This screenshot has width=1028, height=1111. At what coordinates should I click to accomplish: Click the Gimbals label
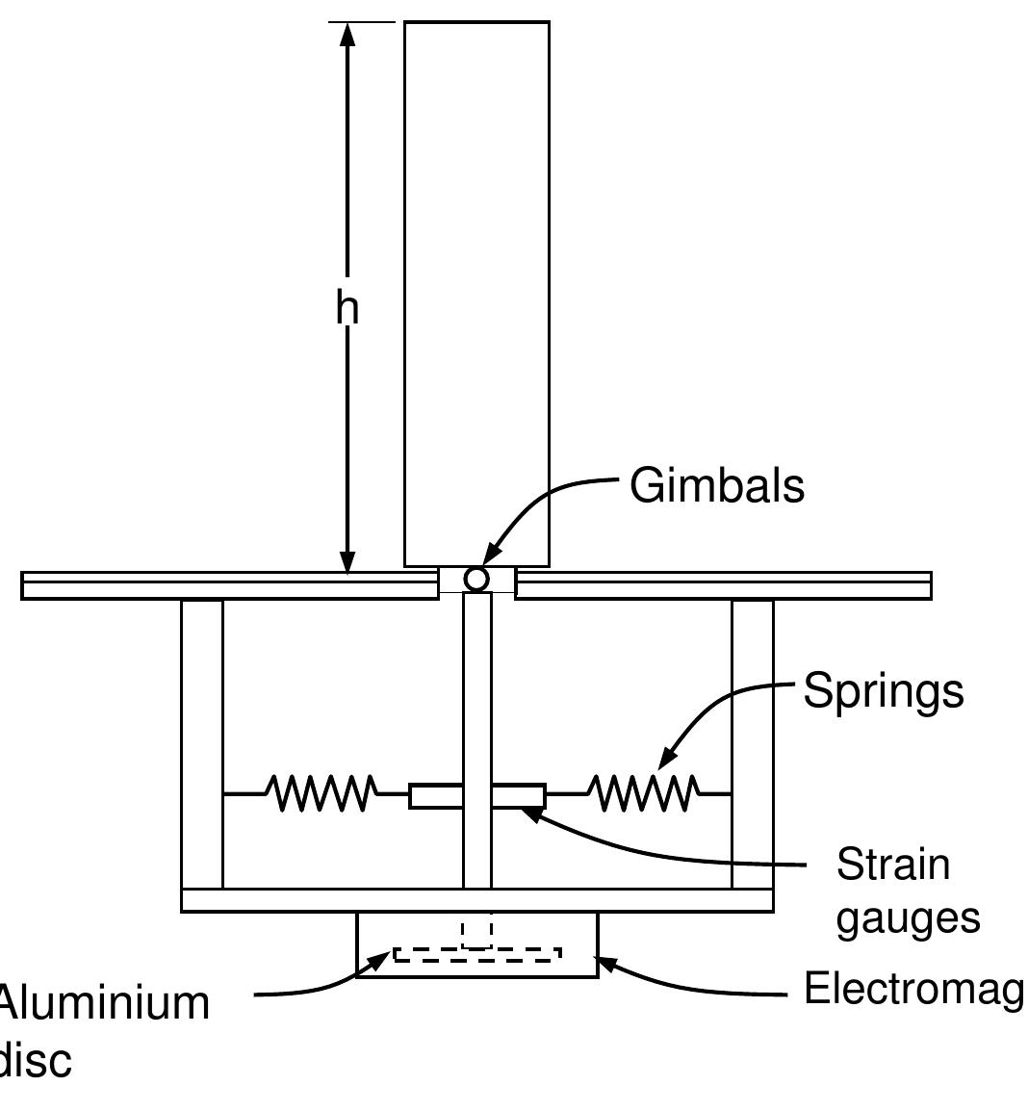(717, 485)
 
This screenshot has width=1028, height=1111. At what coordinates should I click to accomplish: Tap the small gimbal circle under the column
(476, 579)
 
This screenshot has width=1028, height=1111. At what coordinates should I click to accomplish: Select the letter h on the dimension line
(347, 308)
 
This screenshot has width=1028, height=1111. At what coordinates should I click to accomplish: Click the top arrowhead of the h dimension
(347, 34)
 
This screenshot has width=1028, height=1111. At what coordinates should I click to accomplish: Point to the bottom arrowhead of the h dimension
(347, 562)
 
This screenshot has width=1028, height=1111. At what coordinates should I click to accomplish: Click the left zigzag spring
(321, 793)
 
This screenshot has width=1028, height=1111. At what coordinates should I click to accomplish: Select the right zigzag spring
(644, 793)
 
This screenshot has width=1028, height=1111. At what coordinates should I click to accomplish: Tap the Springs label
(883, 691)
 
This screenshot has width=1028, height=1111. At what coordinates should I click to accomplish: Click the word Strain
(893, 865)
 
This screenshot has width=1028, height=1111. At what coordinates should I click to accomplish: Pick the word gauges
(908, 917)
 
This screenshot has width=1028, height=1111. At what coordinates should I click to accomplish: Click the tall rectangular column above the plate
(476, 289)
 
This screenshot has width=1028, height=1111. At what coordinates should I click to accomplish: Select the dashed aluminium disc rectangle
(477, 954)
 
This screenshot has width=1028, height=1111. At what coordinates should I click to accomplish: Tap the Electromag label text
(912, 989)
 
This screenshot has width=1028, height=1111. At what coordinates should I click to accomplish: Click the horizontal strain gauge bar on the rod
(477, 796)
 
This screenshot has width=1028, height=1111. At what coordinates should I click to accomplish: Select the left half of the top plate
(226, 585)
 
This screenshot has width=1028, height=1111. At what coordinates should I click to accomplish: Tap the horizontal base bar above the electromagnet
(477, 900)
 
